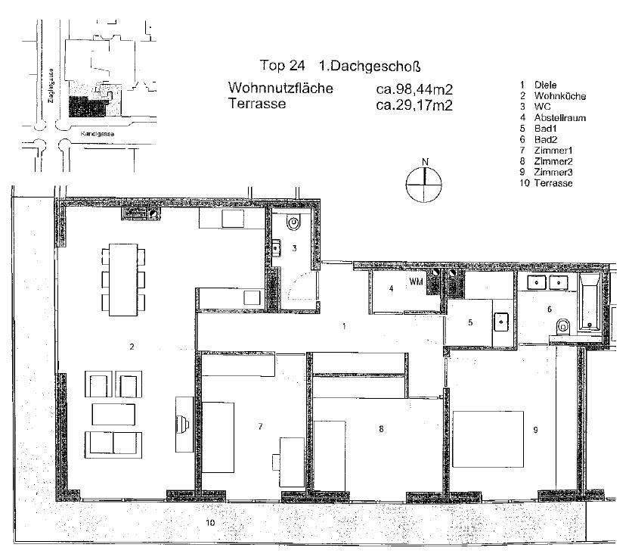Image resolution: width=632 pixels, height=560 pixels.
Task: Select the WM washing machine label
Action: [416, 282]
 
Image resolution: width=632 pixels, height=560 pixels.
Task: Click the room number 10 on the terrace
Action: [210, 522]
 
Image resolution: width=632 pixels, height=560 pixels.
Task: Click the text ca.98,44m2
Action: [414, 89]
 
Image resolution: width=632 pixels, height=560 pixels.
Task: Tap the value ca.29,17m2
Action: [414, 105]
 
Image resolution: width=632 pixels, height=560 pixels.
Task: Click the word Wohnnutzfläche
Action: [280, 89]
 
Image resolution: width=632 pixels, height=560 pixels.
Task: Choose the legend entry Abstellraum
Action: [560, 119]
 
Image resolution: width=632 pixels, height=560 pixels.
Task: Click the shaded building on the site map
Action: [85, 105]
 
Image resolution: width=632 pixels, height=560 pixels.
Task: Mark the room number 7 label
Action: [259, 428]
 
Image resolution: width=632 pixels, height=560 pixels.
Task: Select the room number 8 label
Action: [381, 429]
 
